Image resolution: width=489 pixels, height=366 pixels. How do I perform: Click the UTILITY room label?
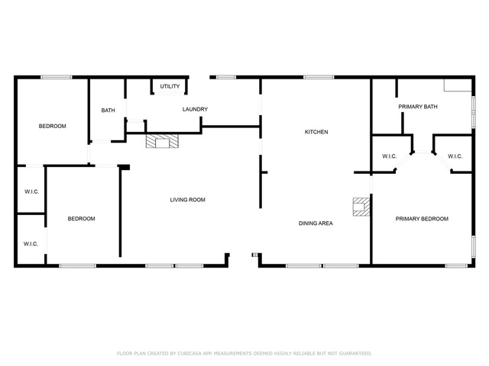pyautogui.click(x=170, y=86)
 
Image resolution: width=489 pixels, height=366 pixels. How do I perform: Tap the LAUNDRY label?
pyautogui.click(x=195, y=109)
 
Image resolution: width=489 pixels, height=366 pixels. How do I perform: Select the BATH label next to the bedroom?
pyautogui.click(x=108, y=110)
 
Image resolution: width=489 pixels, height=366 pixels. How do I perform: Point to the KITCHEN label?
pyautogui.click(x=316, y=132)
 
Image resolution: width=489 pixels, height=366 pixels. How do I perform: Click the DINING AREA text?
pyautogui.click(x=316, y=223)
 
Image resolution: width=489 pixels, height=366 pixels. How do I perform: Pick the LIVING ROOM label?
pyautogui.click(x=187, y=200)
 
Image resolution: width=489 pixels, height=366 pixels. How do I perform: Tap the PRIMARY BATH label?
pyautogui.click(x=418, y=107)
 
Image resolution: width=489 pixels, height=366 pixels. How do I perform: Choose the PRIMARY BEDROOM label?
pyautogui.click(x=422, y=219)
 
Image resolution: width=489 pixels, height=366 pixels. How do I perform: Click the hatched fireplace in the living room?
pyautogui.click(x=162, y=140)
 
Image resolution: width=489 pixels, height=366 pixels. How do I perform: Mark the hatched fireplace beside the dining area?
pyautogui.click(x=361, y=207)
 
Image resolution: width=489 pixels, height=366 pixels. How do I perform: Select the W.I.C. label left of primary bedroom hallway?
pyautogui.click(x=389, y=156)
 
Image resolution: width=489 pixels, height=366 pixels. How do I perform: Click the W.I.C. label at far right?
pyautogui.click(x=455, y=156)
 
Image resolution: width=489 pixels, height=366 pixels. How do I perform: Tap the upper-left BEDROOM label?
pyautogui.click(x=53, y=126)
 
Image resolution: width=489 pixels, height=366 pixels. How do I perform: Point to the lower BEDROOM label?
pyautogui.click(x=82, y=219)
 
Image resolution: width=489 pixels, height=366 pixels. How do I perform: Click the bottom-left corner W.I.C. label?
pyautogui.click(x=31, y=244)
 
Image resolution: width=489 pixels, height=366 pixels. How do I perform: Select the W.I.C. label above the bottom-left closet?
pyautogui.click(x=32, y=191)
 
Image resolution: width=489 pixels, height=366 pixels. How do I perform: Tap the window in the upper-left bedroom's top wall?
pyautogui.click(x=57, y=77)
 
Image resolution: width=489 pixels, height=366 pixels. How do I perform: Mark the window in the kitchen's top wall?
pyautogui.click(x=319, y=77)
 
